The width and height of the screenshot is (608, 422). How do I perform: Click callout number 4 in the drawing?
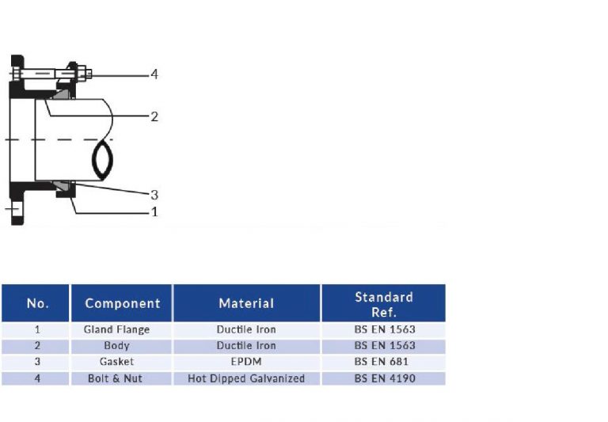coord(154,74)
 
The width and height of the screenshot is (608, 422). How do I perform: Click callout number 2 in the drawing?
coord(154,116)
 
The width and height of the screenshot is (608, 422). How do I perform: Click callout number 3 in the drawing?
coord(154,194)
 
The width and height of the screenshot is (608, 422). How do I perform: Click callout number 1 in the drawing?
coord(154,211)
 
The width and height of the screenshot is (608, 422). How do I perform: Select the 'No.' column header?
coord(37,303)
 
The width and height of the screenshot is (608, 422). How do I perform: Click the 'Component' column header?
coord(122,303)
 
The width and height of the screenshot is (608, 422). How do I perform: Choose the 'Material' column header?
coord(246,303)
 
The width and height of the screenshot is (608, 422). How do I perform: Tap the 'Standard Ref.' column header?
coord(384,304)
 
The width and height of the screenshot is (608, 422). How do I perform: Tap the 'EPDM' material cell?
coord(246,362)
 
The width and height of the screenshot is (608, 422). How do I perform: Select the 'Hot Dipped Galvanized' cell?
coord(246,378)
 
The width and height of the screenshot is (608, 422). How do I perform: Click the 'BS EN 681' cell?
coord(384,362)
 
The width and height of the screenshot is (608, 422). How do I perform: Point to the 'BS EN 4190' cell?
coord(384,378)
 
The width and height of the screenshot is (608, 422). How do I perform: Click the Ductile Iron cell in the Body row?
coord(246,346)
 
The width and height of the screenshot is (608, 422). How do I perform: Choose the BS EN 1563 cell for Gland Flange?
coord(384,329)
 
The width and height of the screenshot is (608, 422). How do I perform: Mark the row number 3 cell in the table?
coord(37,362)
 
